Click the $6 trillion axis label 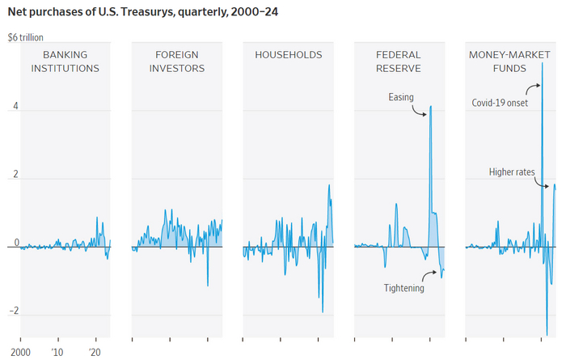[27, 37]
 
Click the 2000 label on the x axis [20, 354]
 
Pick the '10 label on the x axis [57, 354]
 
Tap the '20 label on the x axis [95, 354]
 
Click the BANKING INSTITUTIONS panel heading [65, 61]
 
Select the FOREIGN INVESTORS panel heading [177, 61]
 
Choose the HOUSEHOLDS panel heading [289, 55]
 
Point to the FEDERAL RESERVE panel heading [399, 61]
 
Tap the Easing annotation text [401, 98]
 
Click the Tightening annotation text [404, 287]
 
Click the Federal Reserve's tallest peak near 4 [431, 106]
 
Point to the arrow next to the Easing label [420, 110]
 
